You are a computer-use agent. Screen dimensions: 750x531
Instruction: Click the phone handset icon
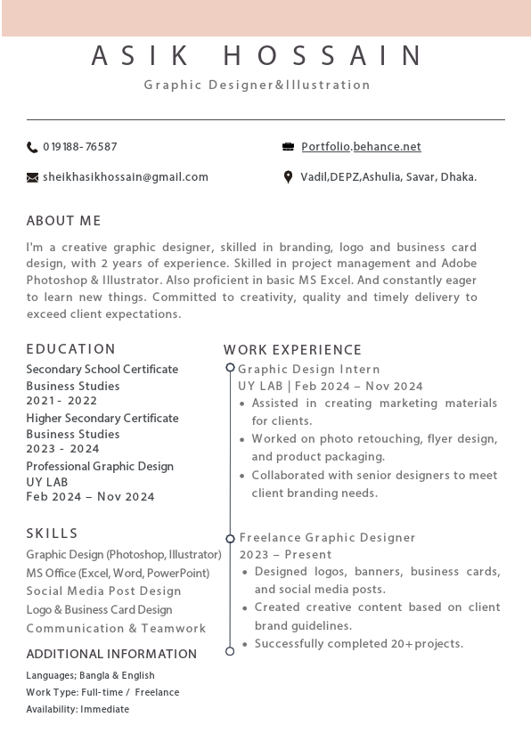32,147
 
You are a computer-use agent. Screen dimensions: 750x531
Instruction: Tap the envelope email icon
33,177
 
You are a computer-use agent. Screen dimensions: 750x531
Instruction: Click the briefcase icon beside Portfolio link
288,147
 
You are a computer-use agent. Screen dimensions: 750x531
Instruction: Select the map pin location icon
288,177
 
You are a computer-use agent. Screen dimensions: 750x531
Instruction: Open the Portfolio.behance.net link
361,147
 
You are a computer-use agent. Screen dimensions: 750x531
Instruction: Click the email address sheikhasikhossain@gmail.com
126,177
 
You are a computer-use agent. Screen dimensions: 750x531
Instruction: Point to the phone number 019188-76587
80,147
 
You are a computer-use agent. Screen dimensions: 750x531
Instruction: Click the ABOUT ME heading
64,221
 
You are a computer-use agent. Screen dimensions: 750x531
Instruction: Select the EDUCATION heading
71,349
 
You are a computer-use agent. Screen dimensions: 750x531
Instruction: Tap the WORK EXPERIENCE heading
293,350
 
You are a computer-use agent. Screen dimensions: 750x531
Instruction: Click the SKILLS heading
53,534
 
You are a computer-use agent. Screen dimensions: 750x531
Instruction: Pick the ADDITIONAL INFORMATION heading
111,654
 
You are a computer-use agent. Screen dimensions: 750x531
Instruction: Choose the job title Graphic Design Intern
309,369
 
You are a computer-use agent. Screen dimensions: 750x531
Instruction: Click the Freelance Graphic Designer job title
327,538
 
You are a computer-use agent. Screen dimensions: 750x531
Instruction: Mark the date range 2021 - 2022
62,401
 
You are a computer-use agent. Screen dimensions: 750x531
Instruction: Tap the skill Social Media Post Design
103,591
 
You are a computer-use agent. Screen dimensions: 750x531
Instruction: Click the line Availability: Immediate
78,710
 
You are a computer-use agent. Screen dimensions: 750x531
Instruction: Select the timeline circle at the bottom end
230,651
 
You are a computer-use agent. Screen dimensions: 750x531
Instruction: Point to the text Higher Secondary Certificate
102,418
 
